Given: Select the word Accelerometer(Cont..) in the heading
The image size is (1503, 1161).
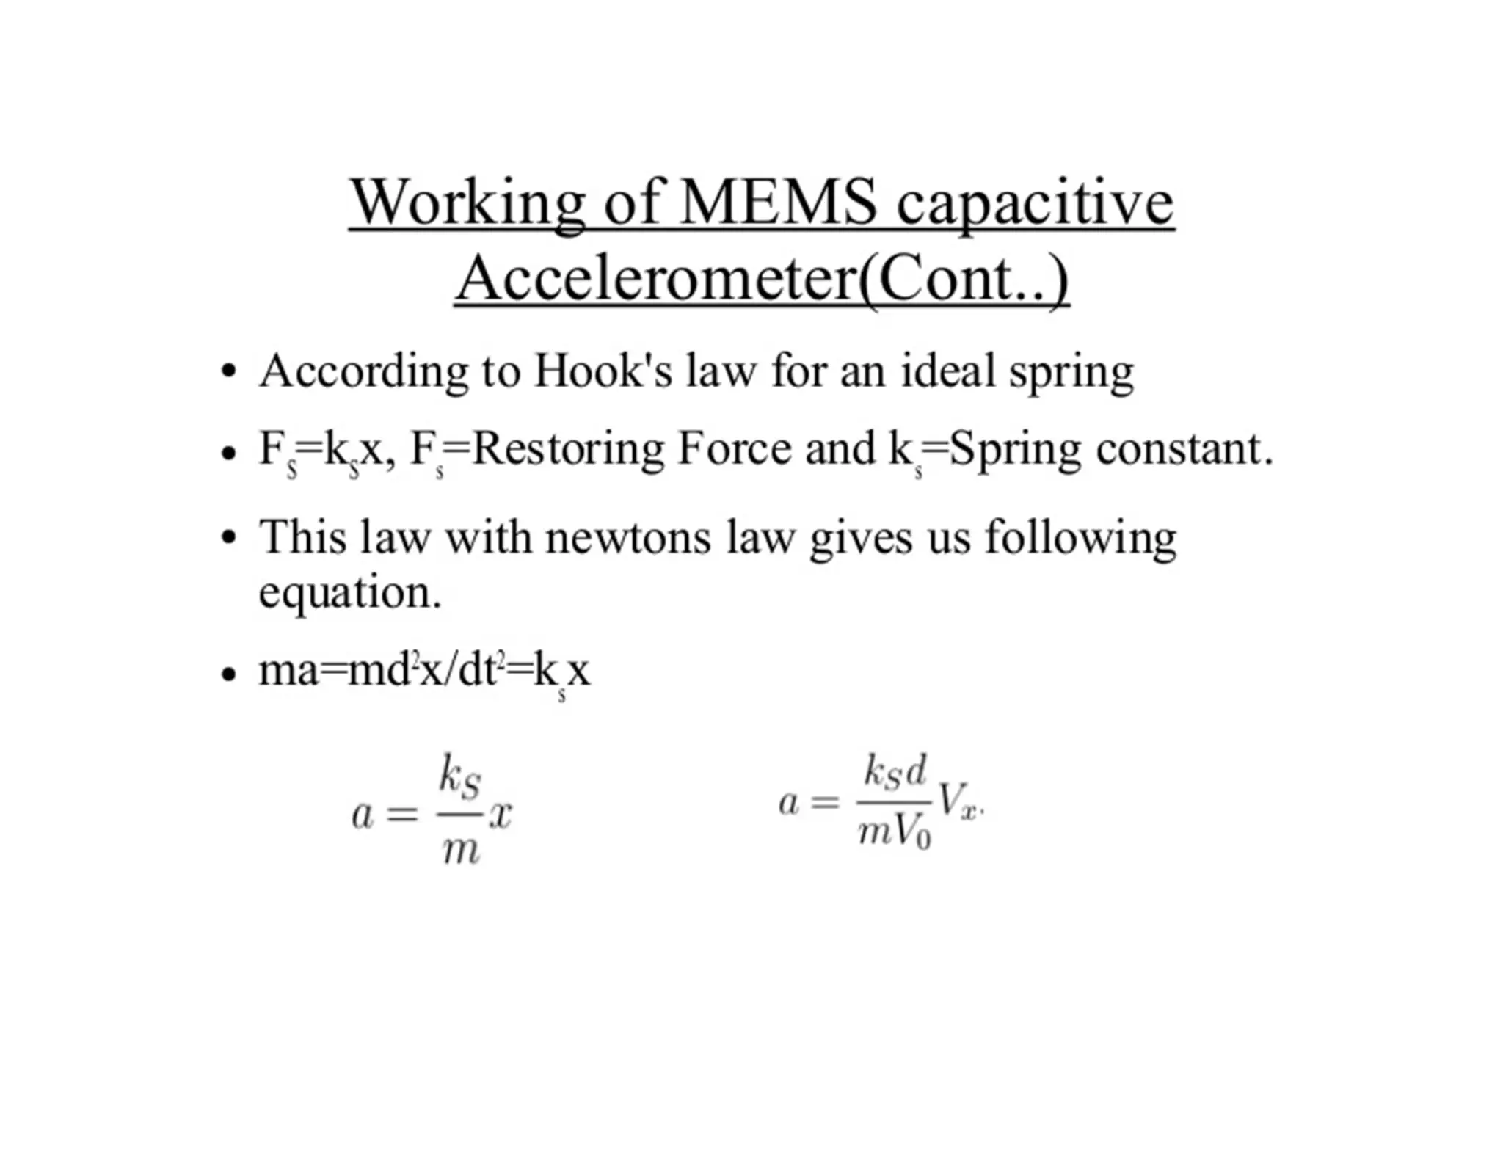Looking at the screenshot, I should (762, 279).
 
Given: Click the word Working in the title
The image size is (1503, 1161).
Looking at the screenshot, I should (467, 203).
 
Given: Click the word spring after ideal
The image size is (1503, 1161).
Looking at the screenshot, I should (1071, 373).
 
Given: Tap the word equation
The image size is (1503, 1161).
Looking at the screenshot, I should (349, 592).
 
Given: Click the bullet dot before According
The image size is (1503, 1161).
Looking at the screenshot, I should (230, 371).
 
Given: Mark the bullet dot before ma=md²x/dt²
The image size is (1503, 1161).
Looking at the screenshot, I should (230, 672).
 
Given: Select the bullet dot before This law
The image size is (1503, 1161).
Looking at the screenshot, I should (230, 538).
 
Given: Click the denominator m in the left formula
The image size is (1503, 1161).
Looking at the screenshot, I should (461, 850).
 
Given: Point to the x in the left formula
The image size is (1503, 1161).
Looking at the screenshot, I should (501, 814).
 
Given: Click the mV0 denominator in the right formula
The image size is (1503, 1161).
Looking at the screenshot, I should (895, 832).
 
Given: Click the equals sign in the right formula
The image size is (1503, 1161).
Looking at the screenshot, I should (825, 802).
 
